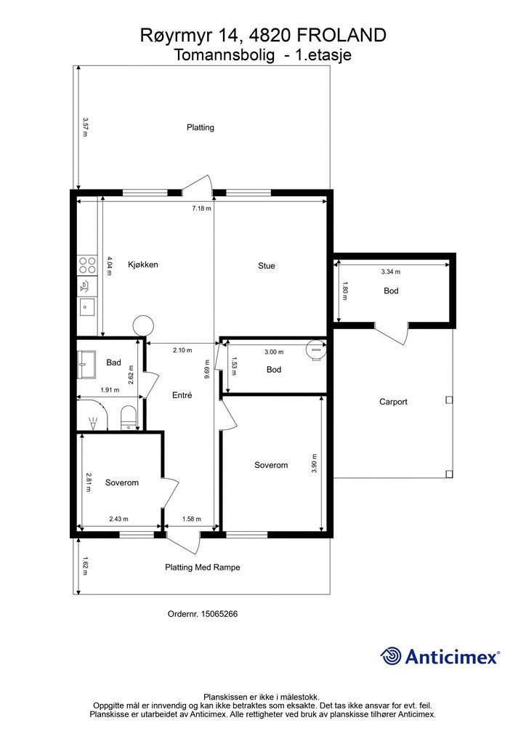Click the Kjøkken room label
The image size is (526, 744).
point(143,264)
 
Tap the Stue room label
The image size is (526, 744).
point(267,266)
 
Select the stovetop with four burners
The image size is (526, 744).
point(87,264)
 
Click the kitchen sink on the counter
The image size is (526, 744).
point(86,307)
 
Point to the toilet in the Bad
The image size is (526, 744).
point(129,418)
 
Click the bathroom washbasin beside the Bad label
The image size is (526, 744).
point(86,365)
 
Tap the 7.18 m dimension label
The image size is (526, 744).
point(201,208)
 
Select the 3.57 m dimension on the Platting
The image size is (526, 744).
point(85,127)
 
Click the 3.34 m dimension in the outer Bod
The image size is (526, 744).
point(391,272)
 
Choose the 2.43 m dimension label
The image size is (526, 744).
point(118,519)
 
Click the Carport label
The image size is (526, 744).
point(393,402)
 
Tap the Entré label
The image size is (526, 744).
point(182,395)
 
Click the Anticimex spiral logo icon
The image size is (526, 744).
point(391,656)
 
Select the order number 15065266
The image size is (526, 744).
point(219,613)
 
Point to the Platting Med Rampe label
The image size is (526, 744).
point(203,567)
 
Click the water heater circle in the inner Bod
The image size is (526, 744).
point(315,350)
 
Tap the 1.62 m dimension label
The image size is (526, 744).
point(85,565)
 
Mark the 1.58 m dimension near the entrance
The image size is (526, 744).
point(192,519)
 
